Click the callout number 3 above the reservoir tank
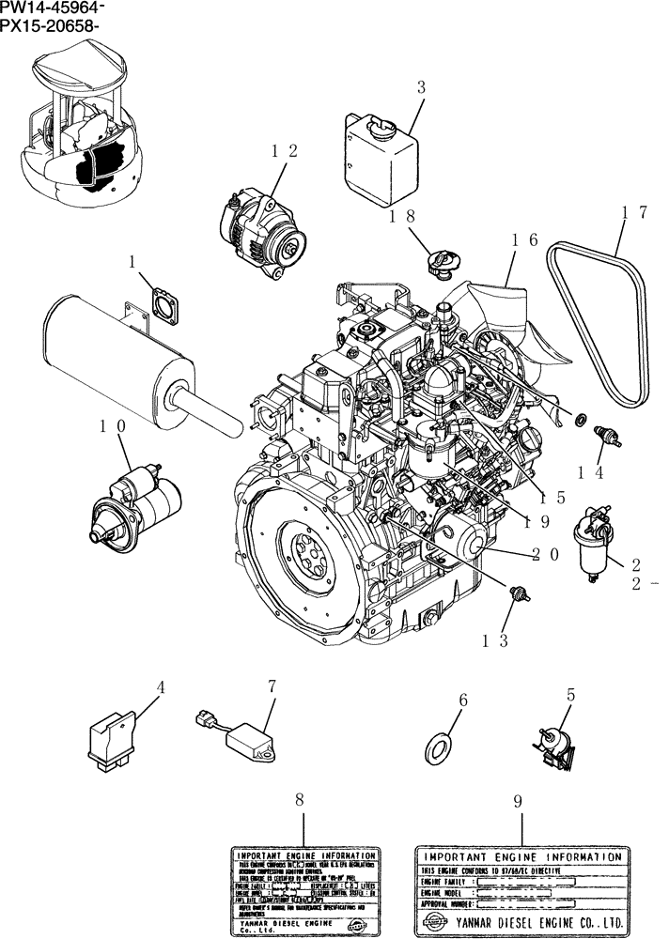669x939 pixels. [x=421, y=87]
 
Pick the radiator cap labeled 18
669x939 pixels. [x=443, y=264]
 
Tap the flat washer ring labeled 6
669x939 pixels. [x=438, y=747]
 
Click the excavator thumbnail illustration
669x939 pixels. [x=85, y=131]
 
